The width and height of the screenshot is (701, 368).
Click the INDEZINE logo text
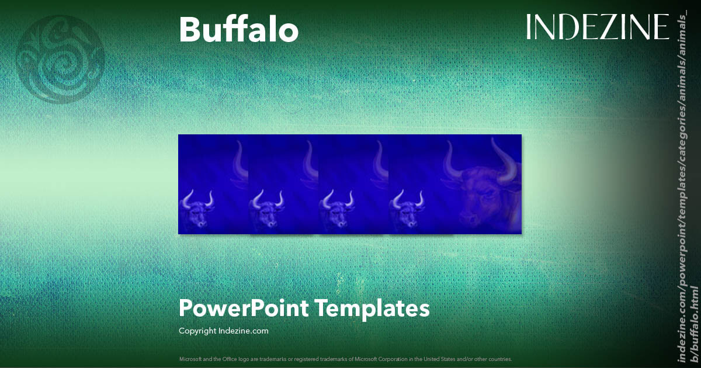tap(598, 27)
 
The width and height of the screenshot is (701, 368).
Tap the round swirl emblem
tap(60, 60)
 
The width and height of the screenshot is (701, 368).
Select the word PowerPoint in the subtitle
tap(244, 308)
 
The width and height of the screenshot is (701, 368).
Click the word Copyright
tap(197, 331)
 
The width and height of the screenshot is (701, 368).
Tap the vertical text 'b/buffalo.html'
tap(694, 324)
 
